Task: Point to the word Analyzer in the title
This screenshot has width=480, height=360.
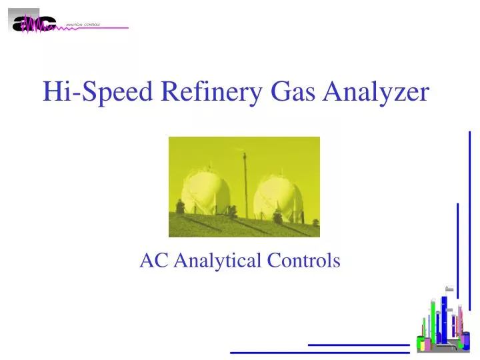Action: (376, 91)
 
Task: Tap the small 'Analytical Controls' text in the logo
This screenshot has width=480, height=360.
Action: (83, 24)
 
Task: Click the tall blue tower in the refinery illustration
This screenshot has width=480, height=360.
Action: (444, 320)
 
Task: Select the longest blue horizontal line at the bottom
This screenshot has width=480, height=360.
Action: (319, 352)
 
